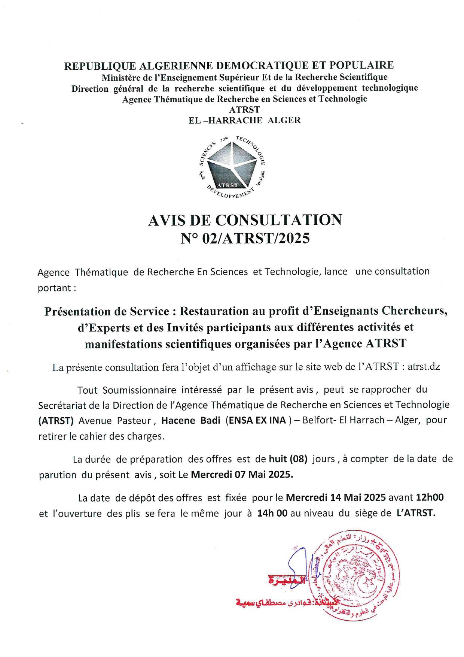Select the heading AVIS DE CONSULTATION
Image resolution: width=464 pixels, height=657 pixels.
pyautogui.click(x=245, y=220)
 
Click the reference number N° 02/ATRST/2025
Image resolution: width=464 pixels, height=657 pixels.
pyautogui.click(x=245, y=238)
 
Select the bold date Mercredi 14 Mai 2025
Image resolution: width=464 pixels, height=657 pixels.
pyautogui.click(x=336, y=497)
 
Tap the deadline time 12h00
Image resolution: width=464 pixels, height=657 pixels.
pyautogui.click(x=430, y=497)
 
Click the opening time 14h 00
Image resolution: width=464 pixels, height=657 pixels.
pyautogui.click(x=272, y=513)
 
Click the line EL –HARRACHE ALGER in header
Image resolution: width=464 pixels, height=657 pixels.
pyautogui.click(x=245, y=120)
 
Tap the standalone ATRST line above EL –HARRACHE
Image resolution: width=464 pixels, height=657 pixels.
pyautogui.click(x=245, y=110)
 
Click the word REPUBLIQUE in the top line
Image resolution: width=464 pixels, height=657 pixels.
pyautogui.click(x=100, y=66)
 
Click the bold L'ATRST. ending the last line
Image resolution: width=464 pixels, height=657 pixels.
pyautogui.click(x=416, y=513)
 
